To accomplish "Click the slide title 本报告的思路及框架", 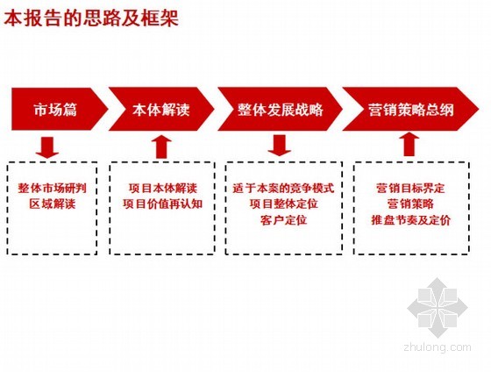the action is click(91, 18).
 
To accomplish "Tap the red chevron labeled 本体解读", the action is click(161, 109).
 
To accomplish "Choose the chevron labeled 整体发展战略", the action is click(281, 109).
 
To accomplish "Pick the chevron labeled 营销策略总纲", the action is click(410, 109).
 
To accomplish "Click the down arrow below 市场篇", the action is click(47, 147).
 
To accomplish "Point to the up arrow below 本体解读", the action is click(161, 147).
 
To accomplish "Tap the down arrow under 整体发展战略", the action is click(280, 145).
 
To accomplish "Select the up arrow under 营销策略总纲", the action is click(407, 145).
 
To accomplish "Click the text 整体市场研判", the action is click(53, 188).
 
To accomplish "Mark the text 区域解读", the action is click(53, 204).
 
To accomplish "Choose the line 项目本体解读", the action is click(163, 188).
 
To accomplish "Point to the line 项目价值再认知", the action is click(163, 204).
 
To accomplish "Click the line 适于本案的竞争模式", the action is click(283, 188).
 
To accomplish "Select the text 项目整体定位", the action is click(284, 204).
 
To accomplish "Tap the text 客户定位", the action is click(284, 220).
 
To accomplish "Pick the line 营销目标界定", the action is click(410, 188).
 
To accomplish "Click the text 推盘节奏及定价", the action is click(410, 220).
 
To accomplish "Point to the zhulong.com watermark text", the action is click(438, 347).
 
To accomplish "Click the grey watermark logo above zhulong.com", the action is click(438, 307).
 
